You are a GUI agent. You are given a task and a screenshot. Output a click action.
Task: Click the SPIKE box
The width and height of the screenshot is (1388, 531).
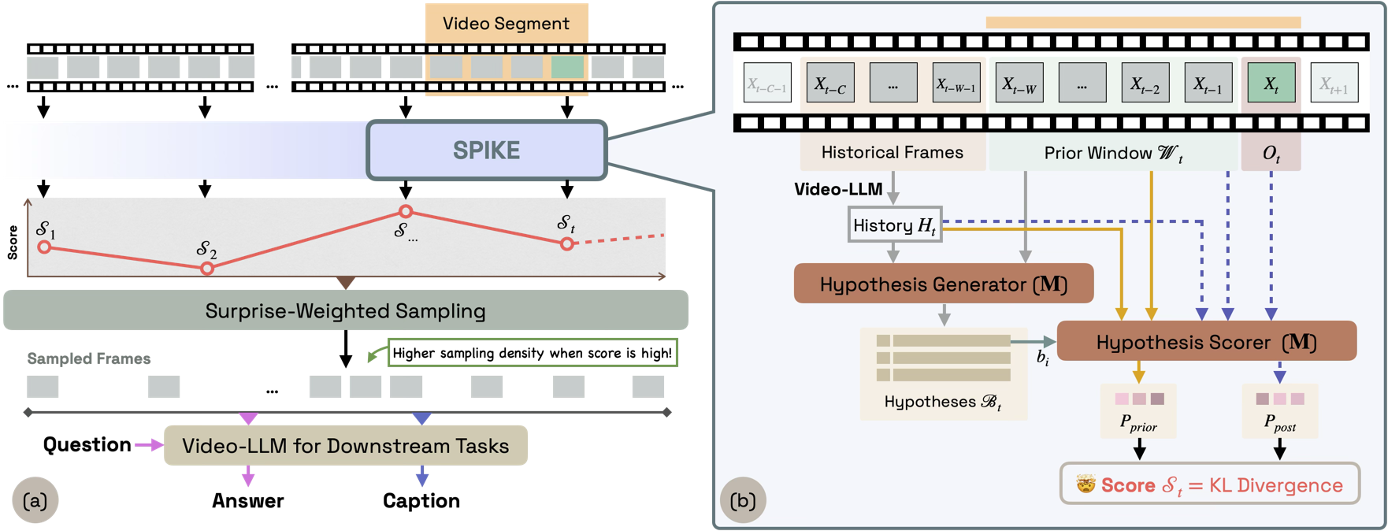[x=487, y=150]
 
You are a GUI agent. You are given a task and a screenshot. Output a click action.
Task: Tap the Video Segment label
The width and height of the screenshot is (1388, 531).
[x=506, y=24]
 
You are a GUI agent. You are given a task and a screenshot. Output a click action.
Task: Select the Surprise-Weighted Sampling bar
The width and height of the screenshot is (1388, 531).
[x=345, y=310]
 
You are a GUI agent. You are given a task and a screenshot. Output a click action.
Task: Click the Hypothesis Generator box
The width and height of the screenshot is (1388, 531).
[x=943, y=284]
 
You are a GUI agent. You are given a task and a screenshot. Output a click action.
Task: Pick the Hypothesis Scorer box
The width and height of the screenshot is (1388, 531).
[x=1206, y=341]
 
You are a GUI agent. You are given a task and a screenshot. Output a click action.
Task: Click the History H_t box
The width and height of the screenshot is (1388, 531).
[x=894, y=225]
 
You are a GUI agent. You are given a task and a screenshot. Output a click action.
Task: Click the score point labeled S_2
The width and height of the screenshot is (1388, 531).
[x=207, y=269]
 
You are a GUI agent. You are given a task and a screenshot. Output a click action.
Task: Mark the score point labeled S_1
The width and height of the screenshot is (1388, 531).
[x=45, y=247]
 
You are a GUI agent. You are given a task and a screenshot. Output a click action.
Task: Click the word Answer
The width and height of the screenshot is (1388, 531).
[x=247, y=500]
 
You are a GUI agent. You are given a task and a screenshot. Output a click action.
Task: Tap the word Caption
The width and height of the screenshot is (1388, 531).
[x=421, y=500]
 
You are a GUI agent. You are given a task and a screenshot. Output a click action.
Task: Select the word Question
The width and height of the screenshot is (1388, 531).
[x=87, y=444]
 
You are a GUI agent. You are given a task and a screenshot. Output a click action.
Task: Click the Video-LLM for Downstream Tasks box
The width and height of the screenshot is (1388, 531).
[x=345, y=446]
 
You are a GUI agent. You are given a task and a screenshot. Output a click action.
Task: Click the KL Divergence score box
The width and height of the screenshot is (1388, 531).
[x=1209, y=485]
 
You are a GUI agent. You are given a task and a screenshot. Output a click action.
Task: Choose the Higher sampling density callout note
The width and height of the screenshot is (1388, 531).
[x=532, y=353]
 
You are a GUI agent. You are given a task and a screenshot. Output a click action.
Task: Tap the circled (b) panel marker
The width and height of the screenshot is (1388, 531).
[x=743, y=500]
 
